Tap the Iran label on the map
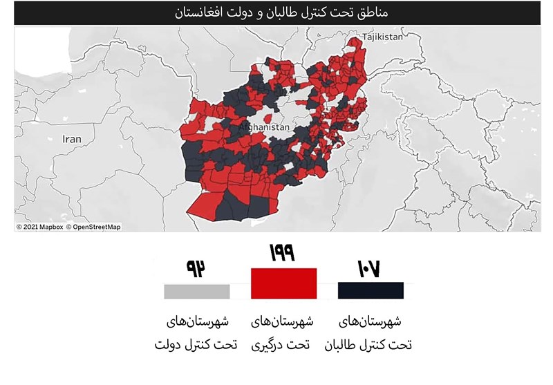click(x=72, y=139)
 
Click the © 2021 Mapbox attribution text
click(x=40, y=227)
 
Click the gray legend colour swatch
click(x=197, y=291)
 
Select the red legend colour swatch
click(x=283, y=283)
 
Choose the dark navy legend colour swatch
click(x=371, y=290)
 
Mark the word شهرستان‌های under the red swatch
click(x=283, y=321)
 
